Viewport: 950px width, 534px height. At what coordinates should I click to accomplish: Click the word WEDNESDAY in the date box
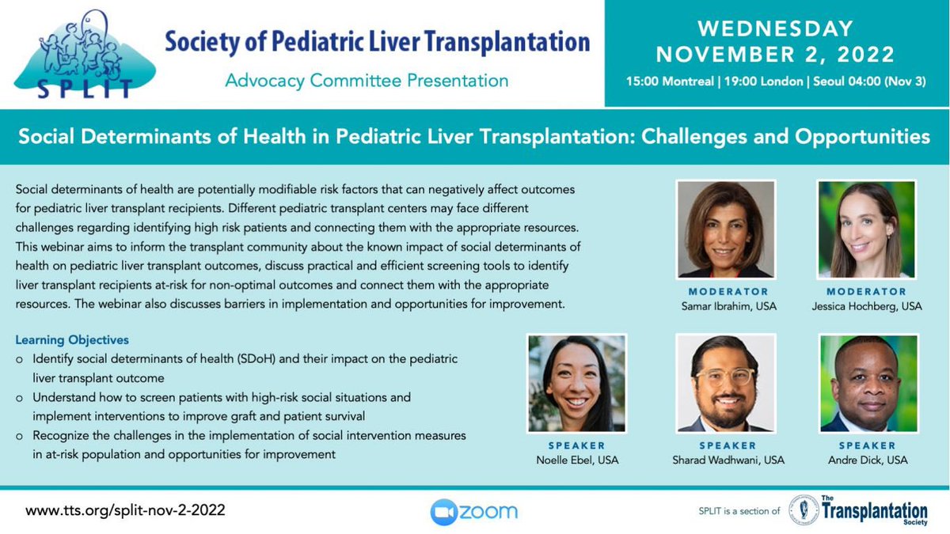coord(776,28)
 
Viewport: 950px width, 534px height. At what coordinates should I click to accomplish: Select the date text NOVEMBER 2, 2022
coord(776,55)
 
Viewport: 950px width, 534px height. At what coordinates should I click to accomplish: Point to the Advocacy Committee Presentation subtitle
coord(367,80)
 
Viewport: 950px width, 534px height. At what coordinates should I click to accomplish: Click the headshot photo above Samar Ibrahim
coord(725,229)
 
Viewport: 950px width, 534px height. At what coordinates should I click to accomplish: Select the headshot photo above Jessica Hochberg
coord(866,229)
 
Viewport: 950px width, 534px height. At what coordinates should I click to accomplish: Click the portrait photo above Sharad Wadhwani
coord(725,384)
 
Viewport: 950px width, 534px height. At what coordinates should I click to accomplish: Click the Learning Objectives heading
coord(72,341)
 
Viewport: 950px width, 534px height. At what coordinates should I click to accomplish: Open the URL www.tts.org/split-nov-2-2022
coord(126,511)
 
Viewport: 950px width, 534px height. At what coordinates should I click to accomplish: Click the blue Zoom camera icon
coord(444,512)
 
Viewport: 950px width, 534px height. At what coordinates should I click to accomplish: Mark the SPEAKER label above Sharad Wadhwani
coord(725,445)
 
